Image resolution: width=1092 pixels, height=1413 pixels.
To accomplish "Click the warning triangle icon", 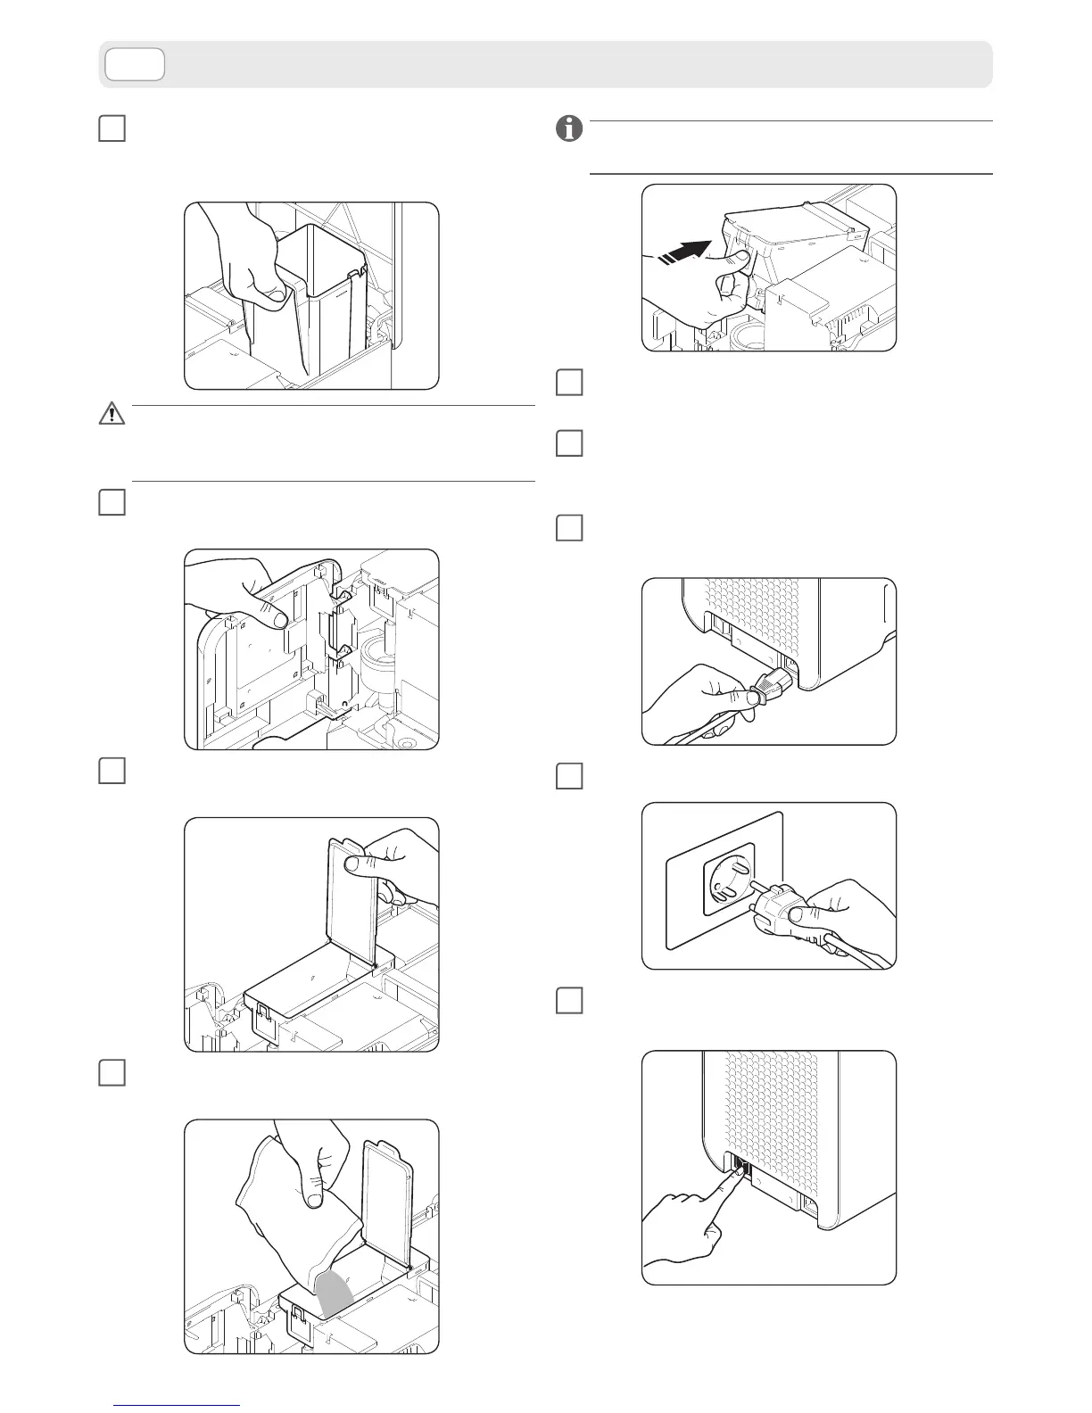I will (x=112, y=413).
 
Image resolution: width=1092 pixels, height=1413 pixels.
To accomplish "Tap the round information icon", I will (x=569, y=129).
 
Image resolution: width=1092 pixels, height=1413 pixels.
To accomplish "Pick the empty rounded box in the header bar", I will (x=134, y=64).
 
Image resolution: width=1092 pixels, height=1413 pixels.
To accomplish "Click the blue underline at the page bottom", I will (x=178, y=1405).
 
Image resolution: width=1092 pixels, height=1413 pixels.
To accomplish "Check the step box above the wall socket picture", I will (x=569, y=776).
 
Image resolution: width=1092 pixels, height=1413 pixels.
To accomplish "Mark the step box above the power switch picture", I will (x=569, y=1000).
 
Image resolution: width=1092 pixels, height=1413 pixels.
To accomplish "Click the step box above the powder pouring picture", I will (x=112, y=1072).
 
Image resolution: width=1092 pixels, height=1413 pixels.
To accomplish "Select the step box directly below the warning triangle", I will (x=112, y=502).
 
